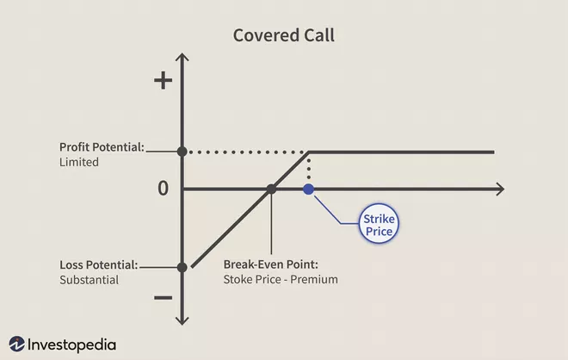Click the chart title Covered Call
(283, 36)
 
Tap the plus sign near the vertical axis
(163, 80)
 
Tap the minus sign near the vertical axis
(163, 299)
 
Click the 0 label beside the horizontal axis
(163, 189)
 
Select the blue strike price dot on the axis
(308, 189)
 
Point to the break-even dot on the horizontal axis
(270, 189)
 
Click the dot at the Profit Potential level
(182, 152)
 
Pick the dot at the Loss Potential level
(182, 267)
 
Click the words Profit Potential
(101, 146)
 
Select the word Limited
(79, 161)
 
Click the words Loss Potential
(98, 264)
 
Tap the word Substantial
(90, 279)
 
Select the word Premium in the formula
(315, 279)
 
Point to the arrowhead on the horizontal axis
(499, 189)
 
